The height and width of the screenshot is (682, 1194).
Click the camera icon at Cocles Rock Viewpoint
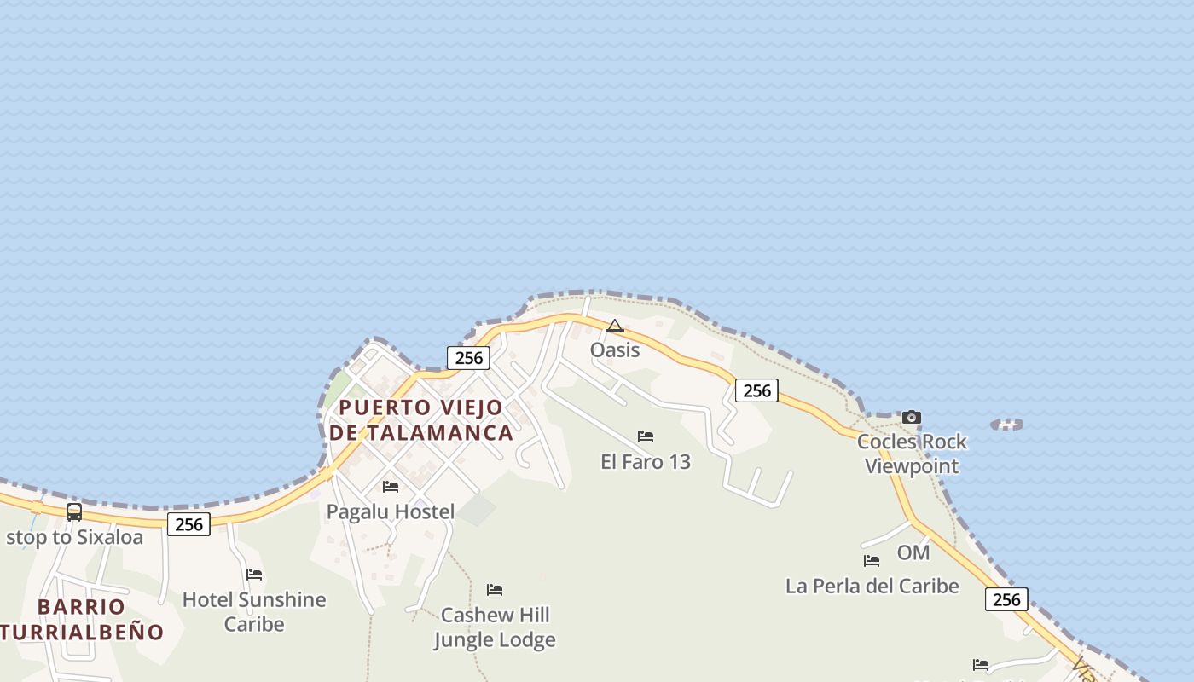pyautogui.click(x=912, y=417)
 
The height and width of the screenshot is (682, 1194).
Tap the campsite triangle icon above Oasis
pyautogui.click(x=614, y=326)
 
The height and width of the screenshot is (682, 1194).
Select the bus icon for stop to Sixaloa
pyautogui.click(x=74, y=512)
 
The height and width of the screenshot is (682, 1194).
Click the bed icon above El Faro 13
pyautogui.click(x=646, y=436)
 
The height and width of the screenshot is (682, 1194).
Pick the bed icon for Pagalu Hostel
pyautogui.click(x=391, y=487)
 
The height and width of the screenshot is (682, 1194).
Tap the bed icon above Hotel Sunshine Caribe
pyautogui.click(x=254, y=575)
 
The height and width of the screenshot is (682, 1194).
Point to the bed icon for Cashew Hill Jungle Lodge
pyautogui.click(x=495, y=590)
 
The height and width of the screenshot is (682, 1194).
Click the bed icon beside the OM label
pyautogui.click(x=872, y=561)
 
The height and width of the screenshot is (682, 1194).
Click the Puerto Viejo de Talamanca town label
pyautogui.click(x=421, y=419)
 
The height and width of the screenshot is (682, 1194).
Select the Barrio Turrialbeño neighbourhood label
pyautogui.click(x=82, y=620)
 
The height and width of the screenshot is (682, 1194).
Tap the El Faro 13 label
pyautogui.click(x=646, y=462)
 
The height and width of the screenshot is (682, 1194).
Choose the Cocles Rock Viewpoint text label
pyautogui.click(x=912, y=454)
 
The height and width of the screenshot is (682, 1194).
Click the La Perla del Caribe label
pyautogui.click(x=872, y=587)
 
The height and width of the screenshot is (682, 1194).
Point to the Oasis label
pyautogui.click(x=615, y=350)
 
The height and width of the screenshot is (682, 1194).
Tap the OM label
pyautogui.click(x=913, y=552)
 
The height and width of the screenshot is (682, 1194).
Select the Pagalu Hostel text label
pyautogui.click(x=391, y=511)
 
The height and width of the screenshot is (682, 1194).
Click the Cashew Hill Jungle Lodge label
pyautogui.click(x=495, y=627)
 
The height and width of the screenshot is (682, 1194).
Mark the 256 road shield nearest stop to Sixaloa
pyautogui.click(x=188, y=524)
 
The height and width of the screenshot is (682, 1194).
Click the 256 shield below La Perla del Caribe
pyautogui.click(x=1006, y=599)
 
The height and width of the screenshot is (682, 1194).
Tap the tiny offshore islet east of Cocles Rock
pyautogui.click(x=1006, y=424)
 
